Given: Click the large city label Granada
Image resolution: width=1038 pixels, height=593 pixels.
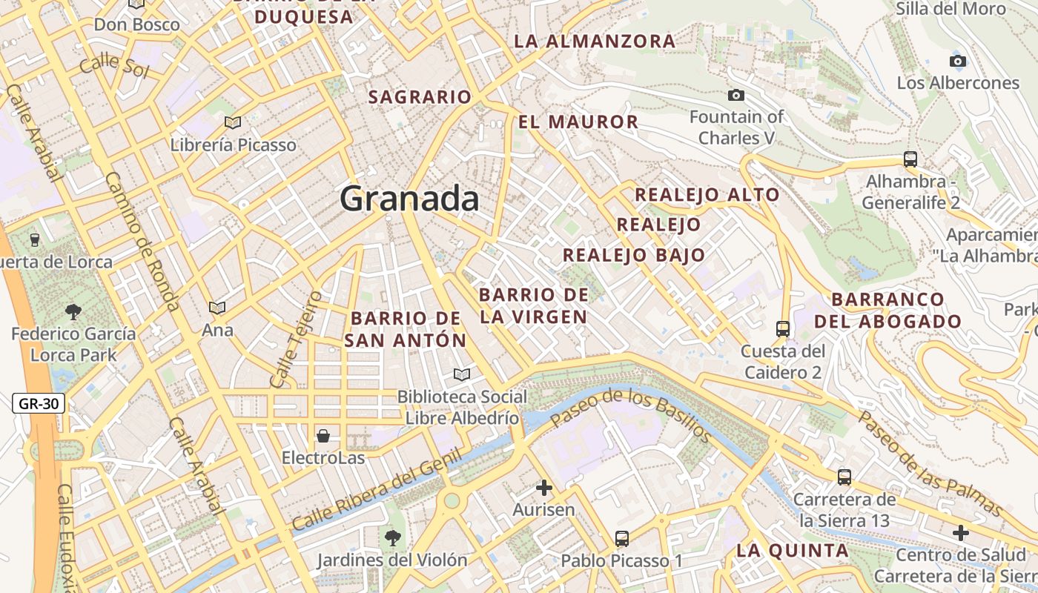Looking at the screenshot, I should (409, 199).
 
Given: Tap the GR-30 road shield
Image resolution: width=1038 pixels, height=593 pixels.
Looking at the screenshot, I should (39, 404).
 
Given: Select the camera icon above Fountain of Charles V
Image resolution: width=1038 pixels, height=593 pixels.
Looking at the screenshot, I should (735, 95).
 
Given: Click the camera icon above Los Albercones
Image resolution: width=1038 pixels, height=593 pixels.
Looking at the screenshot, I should (958, 61).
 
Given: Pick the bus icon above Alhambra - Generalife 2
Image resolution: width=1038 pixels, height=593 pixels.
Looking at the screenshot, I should (910, 159).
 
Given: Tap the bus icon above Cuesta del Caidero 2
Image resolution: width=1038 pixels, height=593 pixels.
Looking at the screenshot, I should (782, 328).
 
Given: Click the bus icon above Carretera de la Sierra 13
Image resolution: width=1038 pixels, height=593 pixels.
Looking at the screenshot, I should (844, 477).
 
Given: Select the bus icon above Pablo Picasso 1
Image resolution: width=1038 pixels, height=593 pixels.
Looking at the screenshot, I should (621, 539).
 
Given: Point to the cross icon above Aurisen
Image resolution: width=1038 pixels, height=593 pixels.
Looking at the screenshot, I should (544, 487).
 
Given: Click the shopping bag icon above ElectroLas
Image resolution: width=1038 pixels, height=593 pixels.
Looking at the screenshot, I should (323, 435).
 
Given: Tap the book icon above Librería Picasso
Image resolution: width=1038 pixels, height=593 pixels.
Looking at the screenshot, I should (233, 122).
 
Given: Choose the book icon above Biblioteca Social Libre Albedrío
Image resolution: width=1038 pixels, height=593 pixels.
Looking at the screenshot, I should (462, 374).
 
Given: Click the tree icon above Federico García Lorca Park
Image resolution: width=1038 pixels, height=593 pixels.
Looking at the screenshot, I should (73, 311).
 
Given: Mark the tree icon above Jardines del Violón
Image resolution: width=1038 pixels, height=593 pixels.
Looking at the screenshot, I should (392, 537).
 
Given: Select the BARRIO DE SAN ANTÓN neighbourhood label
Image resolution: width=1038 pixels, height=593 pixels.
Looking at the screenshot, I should (406, 329).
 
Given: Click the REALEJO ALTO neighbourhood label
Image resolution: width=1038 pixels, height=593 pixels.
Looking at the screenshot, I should (707, 195).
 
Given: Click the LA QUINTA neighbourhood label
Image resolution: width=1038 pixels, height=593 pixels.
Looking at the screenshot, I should (793, 551).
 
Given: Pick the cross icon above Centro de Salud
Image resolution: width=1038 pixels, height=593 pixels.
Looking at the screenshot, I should (961, 532).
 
